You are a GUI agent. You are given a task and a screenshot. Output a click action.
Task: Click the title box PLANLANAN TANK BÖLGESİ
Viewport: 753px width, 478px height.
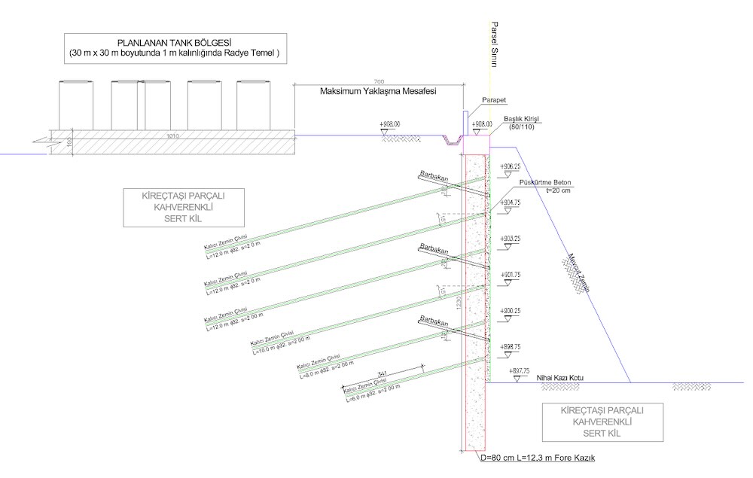175,48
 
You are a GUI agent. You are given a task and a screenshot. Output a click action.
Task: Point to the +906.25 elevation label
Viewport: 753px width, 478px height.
510,166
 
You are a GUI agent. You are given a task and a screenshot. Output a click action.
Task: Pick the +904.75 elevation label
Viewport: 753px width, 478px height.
510,202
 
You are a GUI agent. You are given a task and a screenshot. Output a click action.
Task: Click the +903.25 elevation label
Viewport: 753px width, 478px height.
510,239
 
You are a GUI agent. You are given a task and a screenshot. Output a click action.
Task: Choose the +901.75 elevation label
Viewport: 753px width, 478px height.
510,275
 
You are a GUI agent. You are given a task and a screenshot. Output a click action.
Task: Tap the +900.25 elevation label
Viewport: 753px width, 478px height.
510,310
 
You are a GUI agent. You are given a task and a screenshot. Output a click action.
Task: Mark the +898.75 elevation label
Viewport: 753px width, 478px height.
510,346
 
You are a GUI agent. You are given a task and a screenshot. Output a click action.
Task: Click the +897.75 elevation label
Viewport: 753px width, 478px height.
520,371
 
